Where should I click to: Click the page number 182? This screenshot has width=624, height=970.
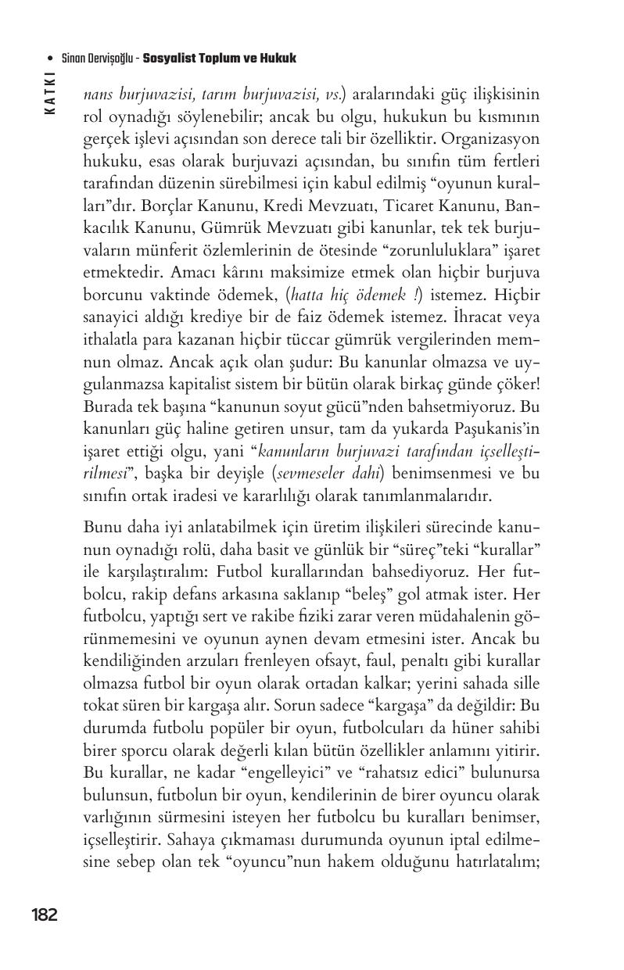(x=45, y=915)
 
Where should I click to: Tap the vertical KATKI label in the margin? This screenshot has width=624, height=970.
(x=50, y=93)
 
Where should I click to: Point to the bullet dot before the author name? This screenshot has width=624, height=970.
(x=50, y=59)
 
